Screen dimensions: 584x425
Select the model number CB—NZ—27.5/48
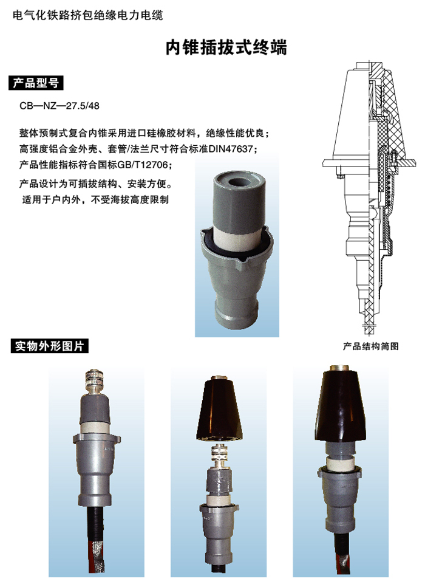coord(59,105)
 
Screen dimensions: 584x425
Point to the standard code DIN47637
coord(234,148)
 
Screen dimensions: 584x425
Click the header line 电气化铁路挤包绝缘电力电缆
coord(87,15)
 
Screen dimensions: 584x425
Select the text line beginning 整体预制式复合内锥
coord(143,132)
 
